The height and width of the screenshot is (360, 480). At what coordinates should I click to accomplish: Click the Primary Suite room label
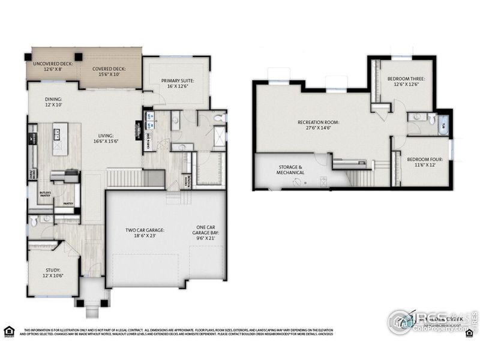178,80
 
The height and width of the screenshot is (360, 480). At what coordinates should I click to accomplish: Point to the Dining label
53,100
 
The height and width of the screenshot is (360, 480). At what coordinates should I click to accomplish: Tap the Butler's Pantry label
45,194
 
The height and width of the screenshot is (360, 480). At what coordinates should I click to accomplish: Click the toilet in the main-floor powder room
34,221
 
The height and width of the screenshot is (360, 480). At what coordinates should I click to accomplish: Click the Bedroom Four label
424,160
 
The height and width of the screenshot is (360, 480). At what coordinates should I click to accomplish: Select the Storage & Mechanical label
291,169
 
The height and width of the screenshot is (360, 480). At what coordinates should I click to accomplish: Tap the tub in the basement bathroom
442,125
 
